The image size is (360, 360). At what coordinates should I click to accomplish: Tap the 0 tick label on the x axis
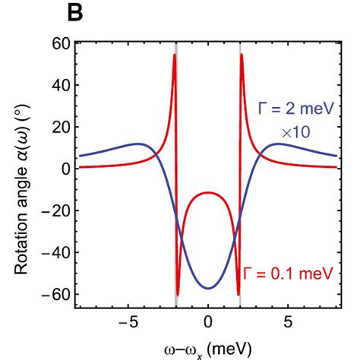[208, 321]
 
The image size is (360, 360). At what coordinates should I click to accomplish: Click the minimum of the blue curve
[208, 289]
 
